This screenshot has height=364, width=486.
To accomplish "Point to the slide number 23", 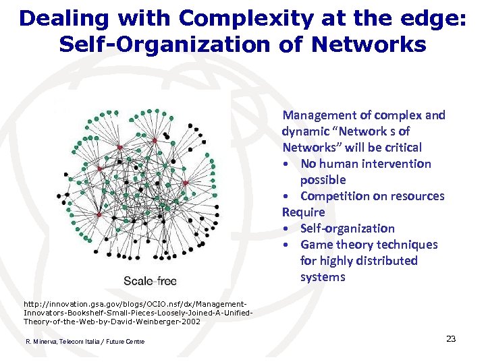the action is coord(451,338).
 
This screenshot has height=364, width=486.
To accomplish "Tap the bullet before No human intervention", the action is coord(288,164).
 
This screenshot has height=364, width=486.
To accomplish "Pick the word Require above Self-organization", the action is coord(304,212).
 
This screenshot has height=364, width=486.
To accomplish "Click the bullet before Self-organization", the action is coord(288,229).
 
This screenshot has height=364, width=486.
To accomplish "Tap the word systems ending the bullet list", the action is coord(323,277).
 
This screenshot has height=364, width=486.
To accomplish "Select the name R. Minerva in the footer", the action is coord(42,342).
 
